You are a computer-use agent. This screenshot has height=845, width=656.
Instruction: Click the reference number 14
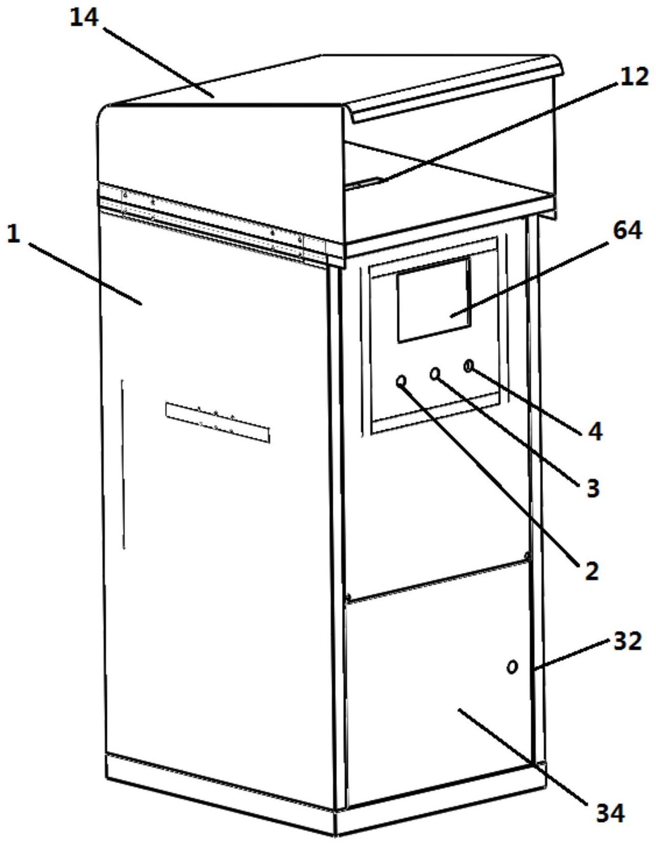84,18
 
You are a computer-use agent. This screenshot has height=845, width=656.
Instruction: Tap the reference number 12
634,77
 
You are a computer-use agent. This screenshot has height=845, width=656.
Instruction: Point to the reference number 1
14,234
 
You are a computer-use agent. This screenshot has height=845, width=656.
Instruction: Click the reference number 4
595,431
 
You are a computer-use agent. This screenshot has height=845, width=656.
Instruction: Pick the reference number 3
593,487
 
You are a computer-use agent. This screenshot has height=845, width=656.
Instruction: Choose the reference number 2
592,571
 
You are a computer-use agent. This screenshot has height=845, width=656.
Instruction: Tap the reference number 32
627,641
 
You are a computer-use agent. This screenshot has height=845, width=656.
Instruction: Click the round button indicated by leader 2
401,381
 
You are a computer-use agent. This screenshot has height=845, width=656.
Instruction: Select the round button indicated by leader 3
435,373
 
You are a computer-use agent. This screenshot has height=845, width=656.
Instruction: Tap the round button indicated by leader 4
469,366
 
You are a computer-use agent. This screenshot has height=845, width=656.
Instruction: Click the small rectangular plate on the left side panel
218,422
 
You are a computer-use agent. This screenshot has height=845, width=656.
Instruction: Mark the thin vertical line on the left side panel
123,464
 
